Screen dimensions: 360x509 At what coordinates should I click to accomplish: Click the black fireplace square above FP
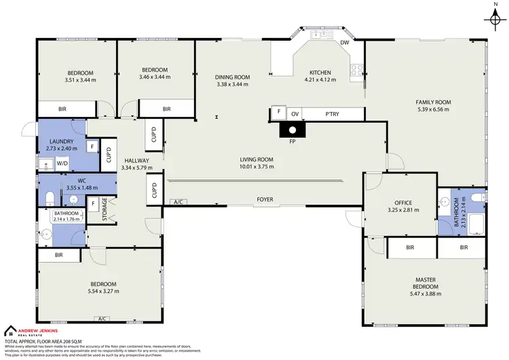point(292,130)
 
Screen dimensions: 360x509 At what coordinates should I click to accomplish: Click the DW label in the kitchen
point(345,43)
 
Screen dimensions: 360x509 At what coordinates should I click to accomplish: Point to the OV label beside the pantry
point(295,113)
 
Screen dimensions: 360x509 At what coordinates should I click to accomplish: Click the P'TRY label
point(332,113)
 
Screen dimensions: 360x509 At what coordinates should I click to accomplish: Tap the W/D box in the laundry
point(62,163)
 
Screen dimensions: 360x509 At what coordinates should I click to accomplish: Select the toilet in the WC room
point(49,198)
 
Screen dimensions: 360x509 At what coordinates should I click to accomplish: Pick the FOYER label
point(265,200)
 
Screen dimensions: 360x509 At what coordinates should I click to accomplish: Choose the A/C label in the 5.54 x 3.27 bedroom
point(104,319)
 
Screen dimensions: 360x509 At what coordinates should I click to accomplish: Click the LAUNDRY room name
point(61,141)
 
